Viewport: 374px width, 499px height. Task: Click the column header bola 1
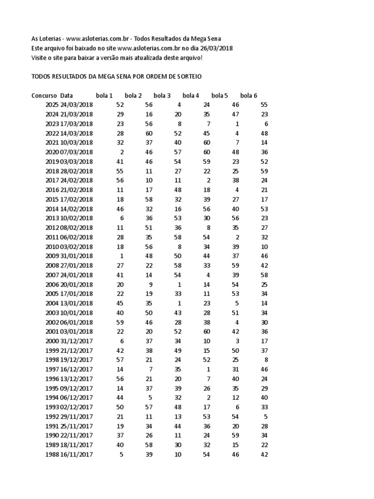(x=104, y=96)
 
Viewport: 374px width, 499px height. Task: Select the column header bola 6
(x=249, y=96)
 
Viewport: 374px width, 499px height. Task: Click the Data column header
(x=67, y=96)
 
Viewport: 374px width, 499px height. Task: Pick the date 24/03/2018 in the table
(x=76, y=105)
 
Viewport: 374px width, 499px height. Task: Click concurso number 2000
(x=51, y=341)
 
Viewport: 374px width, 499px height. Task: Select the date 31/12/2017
(x=76, y=341)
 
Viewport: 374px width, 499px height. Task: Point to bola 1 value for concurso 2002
(x=121, y=322)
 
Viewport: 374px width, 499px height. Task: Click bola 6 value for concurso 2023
(x=266, y=124)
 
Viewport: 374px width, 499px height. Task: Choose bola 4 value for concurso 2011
(x=206, y=237)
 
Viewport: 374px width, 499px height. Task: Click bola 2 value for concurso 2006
(x=150, y=284)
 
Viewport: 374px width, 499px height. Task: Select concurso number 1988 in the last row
(x=51, y=455)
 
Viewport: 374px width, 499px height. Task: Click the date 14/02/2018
(x=76, y=209)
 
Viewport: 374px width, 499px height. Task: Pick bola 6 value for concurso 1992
(x=266, y=417)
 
